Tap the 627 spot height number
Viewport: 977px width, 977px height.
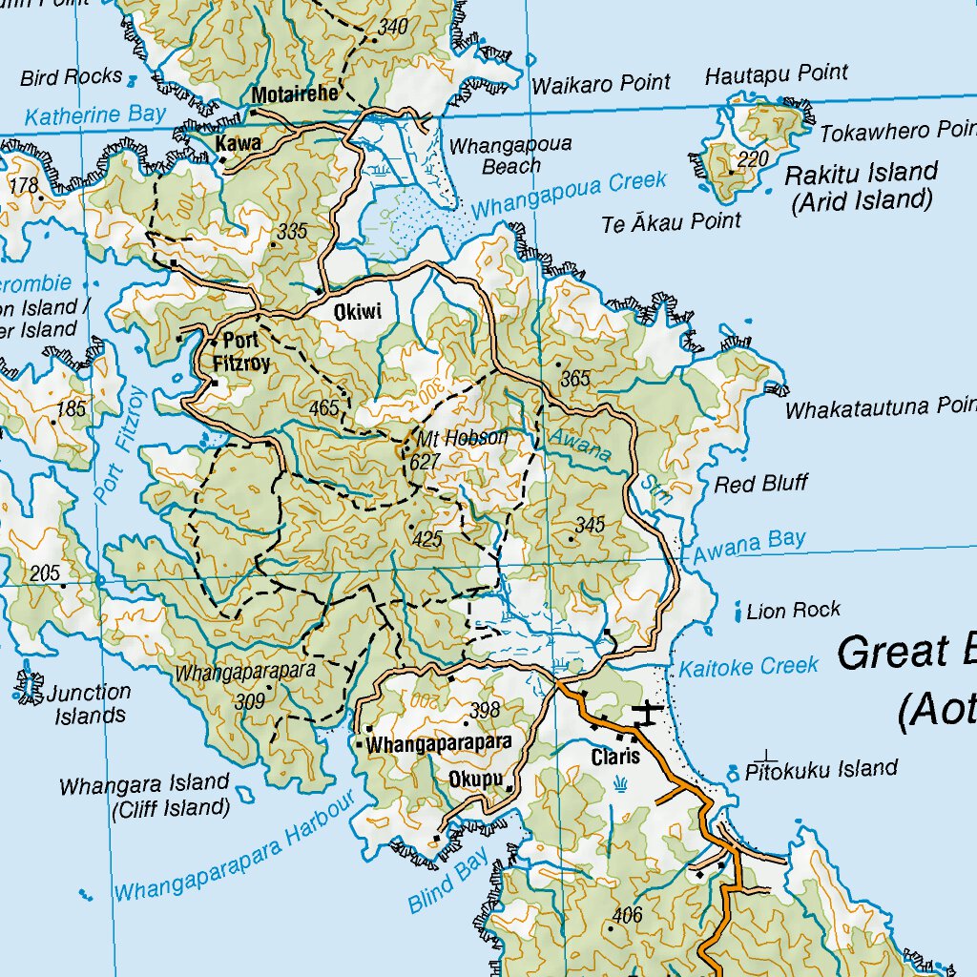click(x=426, y=463)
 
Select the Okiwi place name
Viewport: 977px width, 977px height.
click(x=358, y=312)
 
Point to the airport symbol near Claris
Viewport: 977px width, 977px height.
click(x=648, y=713)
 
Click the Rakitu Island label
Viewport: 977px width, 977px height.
click(x=861, y=173)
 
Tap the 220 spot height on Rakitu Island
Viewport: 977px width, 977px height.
click(x=753, y=159)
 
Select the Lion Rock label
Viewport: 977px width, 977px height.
click(x=794, y=610)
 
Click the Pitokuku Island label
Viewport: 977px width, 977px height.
click(x=821, y=768)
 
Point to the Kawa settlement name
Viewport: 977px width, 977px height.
click(x=239, y=143)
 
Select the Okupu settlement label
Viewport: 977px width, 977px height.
click(x=475, y=780)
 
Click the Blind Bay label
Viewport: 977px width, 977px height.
click(x=447, y=879)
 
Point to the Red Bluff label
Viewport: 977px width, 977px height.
click(x=760, y=484)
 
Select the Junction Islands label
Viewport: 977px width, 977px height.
click(x=90, y=704)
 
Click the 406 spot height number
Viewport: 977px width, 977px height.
click(x=627, y=916)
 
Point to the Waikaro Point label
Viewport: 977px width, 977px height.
click(x=601, y=84)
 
